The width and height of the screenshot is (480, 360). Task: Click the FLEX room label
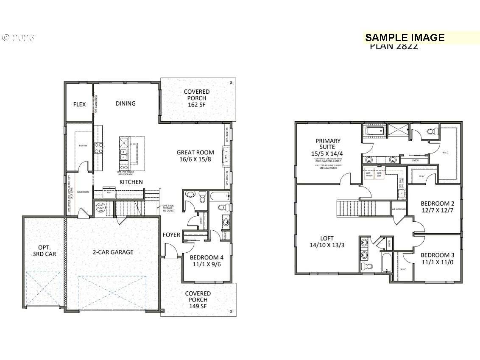79,104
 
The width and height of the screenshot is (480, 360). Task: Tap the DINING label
126,103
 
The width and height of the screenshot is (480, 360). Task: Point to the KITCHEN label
131,182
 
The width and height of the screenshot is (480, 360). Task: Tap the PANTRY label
83,145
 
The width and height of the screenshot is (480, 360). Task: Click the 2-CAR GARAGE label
113,252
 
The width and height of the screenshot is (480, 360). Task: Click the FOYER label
171,235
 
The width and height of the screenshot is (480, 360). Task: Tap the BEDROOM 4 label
207,257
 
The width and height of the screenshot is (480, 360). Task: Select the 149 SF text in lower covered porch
198,306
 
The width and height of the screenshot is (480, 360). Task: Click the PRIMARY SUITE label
328,144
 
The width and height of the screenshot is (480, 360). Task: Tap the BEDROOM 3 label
437,255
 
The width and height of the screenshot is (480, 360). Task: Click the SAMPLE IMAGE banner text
405,38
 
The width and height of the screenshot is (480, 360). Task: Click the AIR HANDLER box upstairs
399,209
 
